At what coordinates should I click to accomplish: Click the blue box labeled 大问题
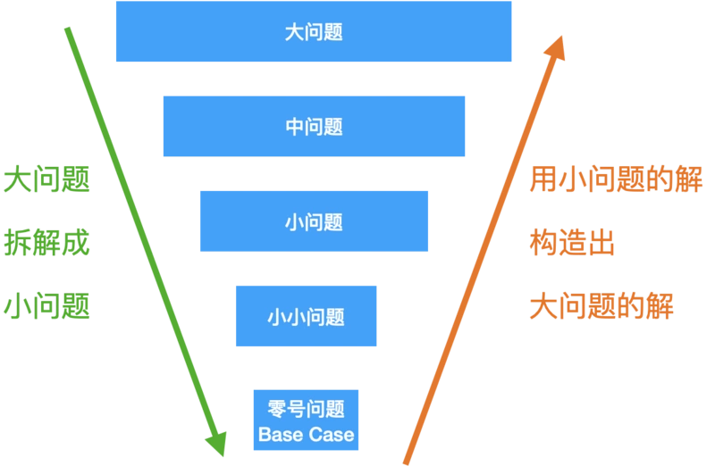313,32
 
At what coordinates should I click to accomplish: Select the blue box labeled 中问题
314,127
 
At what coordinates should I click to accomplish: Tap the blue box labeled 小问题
314,221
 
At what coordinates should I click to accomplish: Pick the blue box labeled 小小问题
306,316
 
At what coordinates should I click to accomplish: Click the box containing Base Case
306,420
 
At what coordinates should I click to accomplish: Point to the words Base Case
306,436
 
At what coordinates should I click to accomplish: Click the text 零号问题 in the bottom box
306,410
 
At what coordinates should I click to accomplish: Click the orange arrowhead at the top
557,50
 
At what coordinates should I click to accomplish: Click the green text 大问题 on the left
46,180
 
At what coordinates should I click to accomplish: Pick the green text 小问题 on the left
46,306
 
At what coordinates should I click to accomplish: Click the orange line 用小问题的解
616,180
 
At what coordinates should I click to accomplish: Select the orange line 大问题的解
601,306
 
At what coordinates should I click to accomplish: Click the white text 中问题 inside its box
314,127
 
